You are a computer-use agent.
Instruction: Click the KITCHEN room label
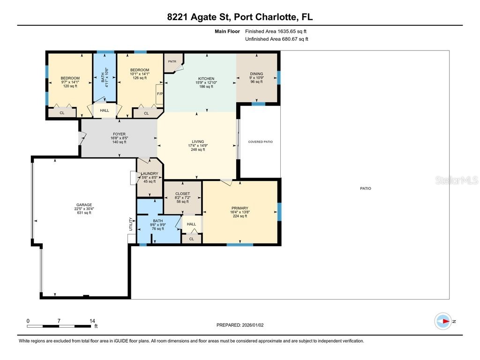point(206,79)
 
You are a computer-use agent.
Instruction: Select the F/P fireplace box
point(159,94)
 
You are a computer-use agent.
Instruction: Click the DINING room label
point(256,74)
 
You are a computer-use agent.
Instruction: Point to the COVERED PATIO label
point(260,142)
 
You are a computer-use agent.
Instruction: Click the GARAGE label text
point(84,205)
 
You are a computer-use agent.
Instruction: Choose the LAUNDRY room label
point(150,173)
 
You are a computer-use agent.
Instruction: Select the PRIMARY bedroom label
point(240,208)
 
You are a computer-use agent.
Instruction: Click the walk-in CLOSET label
point(182,194)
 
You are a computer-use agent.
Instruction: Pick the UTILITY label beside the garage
point(131,224)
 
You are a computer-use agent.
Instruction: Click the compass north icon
point(443,321)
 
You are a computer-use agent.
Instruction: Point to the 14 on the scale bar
point(92,321)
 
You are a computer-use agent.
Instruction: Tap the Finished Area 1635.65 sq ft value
point(276,31)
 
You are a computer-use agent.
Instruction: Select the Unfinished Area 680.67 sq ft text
point(277,39)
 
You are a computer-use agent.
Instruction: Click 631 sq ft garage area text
point(84,213)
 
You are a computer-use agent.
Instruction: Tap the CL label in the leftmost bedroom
point(62,113)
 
